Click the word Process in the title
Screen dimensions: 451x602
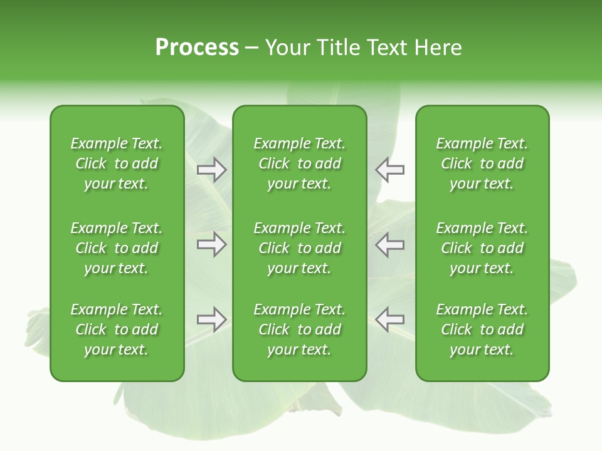pos(197,48)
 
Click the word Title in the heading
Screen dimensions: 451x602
pos(339,48)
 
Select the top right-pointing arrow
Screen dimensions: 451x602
pos(212,170)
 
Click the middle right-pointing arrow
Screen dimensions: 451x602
pos(212,244)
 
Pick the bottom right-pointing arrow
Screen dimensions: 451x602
pos(212,319)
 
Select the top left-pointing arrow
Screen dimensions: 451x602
pos(389,170)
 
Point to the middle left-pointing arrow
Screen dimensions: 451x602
pos(389,244)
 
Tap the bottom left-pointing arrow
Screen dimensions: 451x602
pos(389,319)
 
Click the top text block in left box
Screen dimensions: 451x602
pos(117,163)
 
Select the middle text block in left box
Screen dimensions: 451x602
pos(117,248)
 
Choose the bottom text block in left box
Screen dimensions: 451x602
pos(117,329)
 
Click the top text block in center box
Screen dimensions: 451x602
pos(299,163)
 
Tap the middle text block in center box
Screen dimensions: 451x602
pos(299,248)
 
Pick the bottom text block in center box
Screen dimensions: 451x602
pos(299,329)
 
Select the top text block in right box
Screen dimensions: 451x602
pos(482,163)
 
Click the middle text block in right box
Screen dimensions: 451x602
pos(482,248)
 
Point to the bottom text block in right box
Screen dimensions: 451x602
pos(482,329)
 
